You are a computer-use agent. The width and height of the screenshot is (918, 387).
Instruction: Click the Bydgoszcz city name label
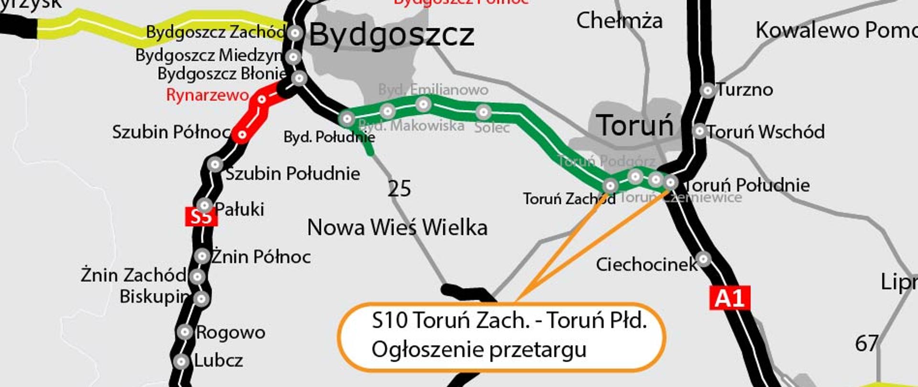tap(392, 35)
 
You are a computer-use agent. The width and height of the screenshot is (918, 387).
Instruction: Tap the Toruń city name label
tap(635, 125)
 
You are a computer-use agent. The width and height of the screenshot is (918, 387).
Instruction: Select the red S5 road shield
tap(201, 216)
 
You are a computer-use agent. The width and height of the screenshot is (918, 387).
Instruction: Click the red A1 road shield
tap(729, 298)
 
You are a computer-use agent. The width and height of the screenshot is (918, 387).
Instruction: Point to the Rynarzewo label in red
tap(207, 95)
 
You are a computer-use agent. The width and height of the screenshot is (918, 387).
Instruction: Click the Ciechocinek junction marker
tap(703, 259)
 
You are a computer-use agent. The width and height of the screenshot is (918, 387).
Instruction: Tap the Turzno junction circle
tap(707, 90)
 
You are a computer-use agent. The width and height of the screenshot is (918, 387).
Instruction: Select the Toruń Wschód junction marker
tap(699, 131)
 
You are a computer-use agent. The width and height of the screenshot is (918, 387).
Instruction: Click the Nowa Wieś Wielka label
tap(397, 227)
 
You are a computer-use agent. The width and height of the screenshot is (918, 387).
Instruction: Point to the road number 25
tap(399, 189)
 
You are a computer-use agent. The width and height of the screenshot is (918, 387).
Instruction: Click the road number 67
tap(866, 344)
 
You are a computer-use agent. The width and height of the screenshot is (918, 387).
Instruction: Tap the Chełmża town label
tap(619, 21)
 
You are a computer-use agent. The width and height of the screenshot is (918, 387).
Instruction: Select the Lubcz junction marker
tap(181, 361)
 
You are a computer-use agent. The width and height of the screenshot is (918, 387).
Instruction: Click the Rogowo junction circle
tap(185, 332)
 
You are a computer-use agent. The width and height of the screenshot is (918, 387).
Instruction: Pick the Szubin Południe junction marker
tap(215, 165)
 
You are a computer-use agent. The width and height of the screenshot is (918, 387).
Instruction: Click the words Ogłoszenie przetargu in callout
tap(479, 350)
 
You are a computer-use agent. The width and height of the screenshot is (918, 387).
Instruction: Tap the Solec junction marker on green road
tap(483, 112)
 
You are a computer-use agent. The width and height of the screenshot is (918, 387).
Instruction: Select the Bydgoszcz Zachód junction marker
tap(295, 33)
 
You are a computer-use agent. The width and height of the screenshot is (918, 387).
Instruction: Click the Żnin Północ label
tap(261, 257)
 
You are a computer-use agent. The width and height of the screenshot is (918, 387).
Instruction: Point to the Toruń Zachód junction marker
tap(610, 185)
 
